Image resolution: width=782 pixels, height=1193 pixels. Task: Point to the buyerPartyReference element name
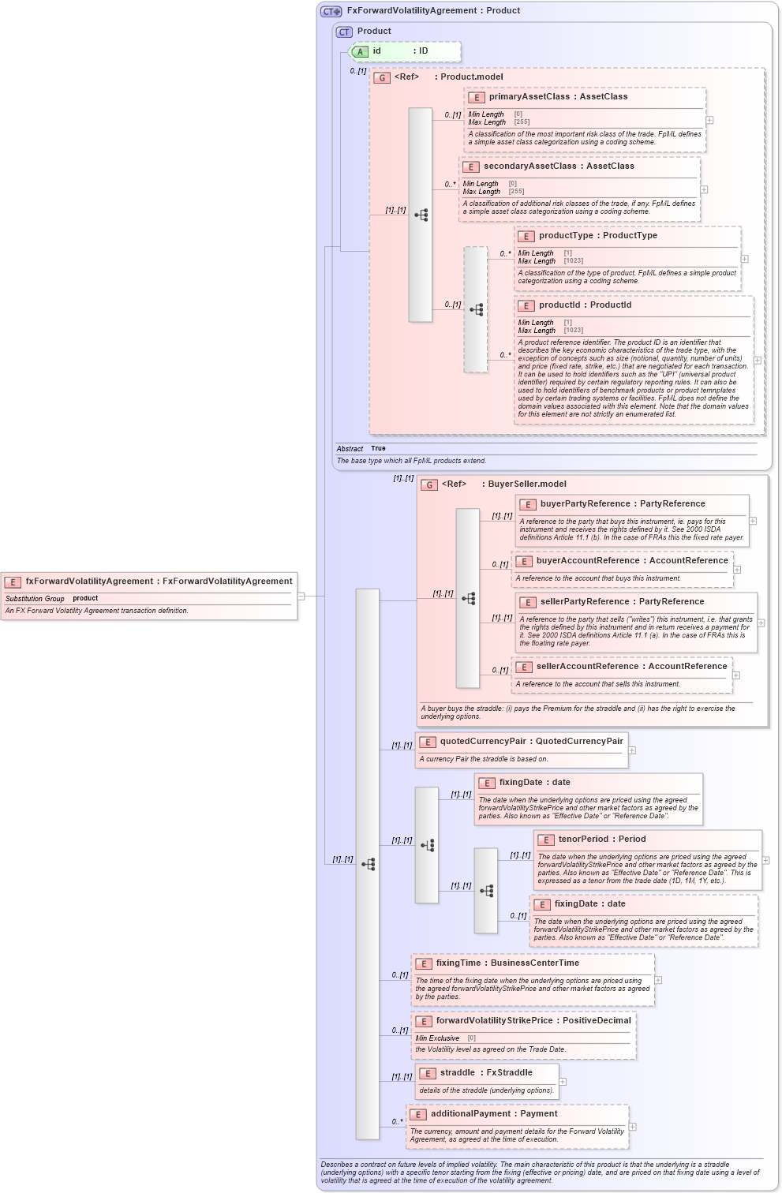coord(585,504)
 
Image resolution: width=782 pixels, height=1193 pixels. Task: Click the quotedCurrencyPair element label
coord(482,742)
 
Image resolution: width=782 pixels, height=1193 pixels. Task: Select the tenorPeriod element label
coord(583,840)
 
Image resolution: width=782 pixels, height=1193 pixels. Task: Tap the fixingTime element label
coord(458,963)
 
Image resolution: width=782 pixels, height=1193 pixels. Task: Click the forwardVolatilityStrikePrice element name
coord(494,1021)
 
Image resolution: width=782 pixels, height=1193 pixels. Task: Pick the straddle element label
coord(457,1073)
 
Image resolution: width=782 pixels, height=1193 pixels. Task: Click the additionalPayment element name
coord(470,1114)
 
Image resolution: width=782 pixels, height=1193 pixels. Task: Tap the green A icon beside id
coord(360,52)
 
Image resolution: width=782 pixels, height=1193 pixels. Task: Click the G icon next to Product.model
coord(382,78)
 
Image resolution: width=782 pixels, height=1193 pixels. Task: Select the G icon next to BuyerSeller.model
coord(429,485)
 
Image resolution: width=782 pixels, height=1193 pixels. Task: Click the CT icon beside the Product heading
coord(344,32)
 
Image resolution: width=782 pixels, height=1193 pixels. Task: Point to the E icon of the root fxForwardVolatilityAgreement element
coord(13,582)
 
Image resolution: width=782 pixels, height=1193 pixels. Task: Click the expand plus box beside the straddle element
coord(563,1082)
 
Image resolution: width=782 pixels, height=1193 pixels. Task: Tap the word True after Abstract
coord(378,448)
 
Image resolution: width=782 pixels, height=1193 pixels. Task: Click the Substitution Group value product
coord(85,599)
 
